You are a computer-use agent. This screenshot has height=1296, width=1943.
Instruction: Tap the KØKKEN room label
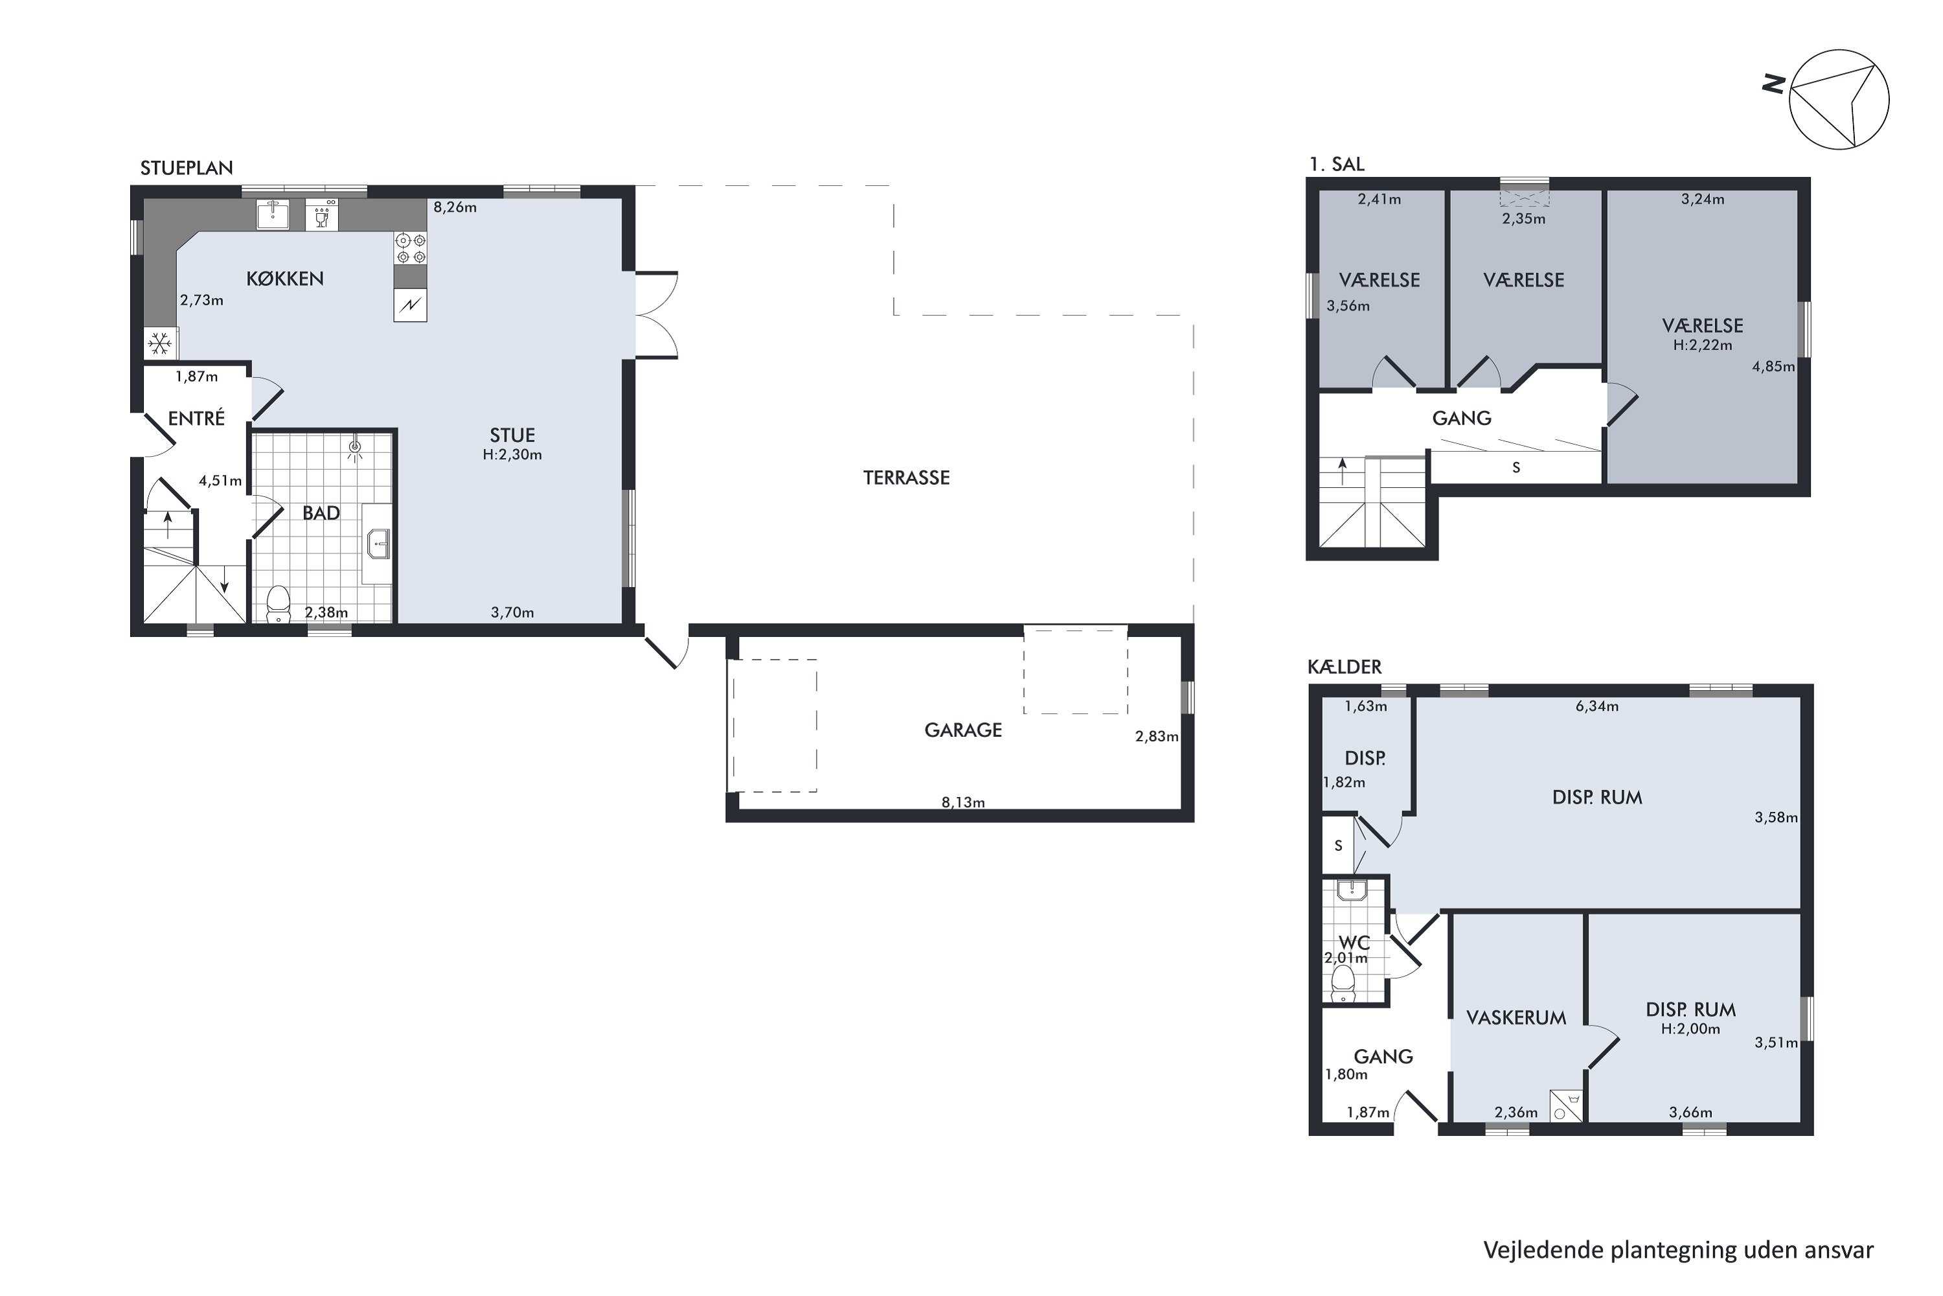pos(285,279)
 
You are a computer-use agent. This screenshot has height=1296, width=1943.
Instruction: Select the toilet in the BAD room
pos(279,603)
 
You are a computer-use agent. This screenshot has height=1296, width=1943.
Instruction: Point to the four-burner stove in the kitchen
pos(411,248)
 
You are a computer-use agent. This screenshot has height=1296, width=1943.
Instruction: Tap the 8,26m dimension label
pos(455,207)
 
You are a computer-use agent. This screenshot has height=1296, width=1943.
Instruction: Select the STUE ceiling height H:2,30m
pos(512,455)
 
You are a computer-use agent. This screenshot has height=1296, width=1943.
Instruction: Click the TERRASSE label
pos(906,478)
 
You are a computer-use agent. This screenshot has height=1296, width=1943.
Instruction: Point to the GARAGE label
pos(963,730)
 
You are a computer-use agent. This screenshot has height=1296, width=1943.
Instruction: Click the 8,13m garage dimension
pos(963,802)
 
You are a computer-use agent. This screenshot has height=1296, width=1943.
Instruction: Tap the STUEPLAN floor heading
pos(187,168)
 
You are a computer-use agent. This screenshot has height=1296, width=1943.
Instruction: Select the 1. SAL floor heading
pos(1337,165)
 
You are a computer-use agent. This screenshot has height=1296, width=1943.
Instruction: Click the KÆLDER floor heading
pos(1345,666)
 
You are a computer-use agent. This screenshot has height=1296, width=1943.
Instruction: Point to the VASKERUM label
pos(1516,1018)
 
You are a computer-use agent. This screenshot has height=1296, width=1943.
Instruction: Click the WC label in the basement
pos(1355,943)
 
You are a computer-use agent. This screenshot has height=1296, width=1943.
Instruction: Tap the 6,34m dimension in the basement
pos(1597,707)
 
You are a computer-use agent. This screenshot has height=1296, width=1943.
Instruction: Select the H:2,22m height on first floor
pos(1703,345)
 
